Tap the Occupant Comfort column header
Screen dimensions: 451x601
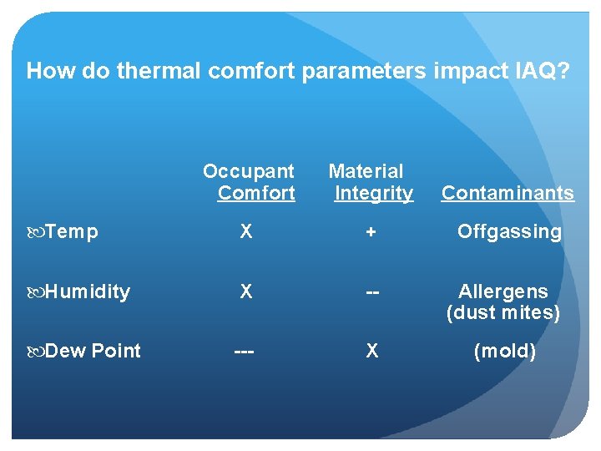[x=250, y=182]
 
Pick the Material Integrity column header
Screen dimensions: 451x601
[x=369, y=182]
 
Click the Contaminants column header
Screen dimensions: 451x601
[x=508, y=193]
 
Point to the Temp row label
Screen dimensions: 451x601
[x=71, y=232]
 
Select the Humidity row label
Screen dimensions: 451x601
[x=88, y=291]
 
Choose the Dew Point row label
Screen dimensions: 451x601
[x=93, y=351]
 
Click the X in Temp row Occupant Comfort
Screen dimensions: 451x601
[x=245, y=232]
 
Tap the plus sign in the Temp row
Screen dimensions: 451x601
[x=371, y=232]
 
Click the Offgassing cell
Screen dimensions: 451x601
[x=509, y=232]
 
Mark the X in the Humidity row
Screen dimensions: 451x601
[x=245, y=291]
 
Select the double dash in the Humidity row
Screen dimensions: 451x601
[x=371, y=292]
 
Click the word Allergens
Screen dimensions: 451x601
[x=503, y=291]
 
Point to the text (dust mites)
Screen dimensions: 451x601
[x=503, y=313]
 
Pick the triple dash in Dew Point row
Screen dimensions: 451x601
[x=245, y=352]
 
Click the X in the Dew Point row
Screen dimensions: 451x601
[x=371, y=351]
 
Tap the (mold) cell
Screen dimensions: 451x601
[x=504, y=351]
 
